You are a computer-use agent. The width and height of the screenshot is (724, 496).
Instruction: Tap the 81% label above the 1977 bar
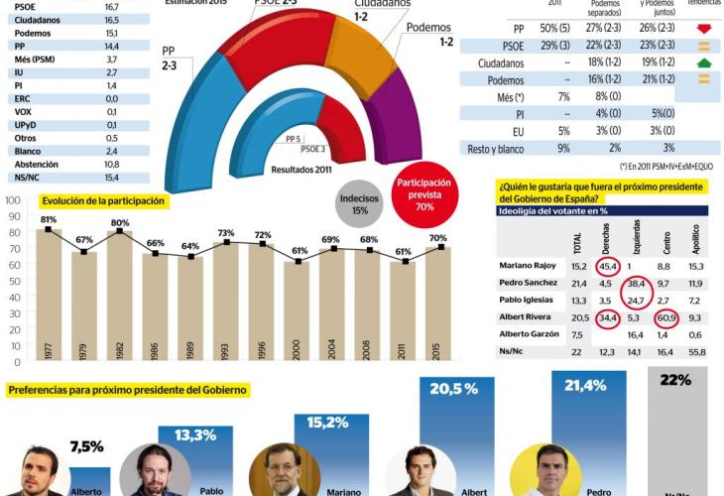(x=49, y=219)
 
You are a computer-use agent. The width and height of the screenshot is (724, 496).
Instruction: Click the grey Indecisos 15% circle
(x=360, y=203)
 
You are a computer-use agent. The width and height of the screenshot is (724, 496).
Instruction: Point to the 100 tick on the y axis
(x=14, y=200)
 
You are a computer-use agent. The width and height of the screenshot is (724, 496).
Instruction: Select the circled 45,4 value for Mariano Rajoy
(x=607, y=266)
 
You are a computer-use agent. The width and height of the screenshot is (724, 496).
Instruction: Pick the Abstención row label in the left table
(x=37, y=164)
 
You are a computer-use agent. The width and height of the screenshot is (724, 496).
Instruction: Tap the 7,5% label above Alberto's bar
(x=86, y=446)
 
